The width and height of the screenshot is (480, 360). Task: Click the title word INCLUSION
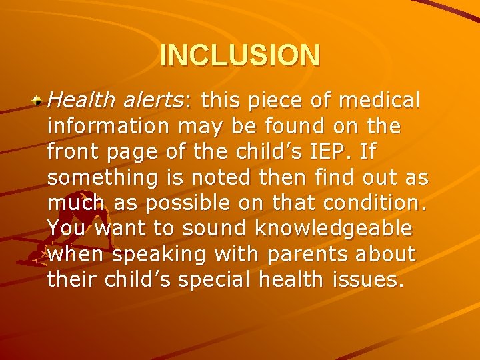240,55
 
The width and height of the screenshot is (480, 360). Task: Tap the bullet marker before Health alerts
39,101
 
